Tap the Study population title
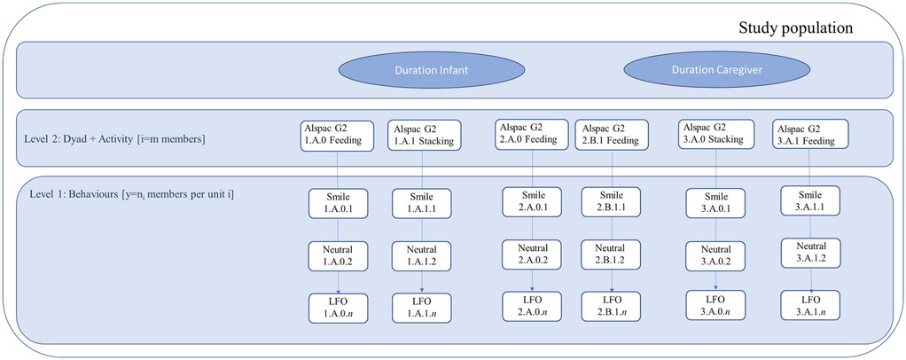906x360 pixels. pos(795,28)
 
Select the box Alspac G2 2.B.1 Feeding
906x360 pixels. pos(611,133)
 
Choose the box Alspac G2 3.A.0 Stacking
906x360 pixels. pos(715,133)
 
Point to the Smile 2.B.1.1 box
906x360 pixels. pos(611,201)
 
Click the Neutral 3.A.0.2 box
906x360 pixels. pos(715,256)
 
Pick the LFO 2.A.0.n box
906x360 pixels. pos(532,306)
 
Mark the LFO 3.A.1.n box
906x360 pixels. pos(810,306)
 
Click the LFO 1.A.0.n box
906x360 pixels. pos(337,308)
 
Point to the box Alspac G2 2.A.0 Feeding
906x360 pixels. pos(528,133)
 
